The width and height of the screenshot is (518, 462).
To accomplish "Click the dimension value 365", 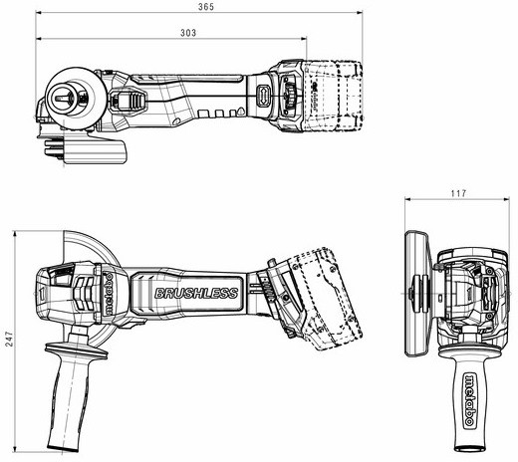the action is tap(206, 7).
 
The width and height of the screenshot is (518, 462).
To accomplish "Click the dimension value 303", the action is tap(188, 33).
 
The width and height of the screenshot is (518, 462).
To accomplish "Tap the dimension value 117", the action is tap(458, 193).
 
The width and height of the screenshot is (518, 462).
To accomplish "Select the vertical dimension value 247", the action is tap(10, 339).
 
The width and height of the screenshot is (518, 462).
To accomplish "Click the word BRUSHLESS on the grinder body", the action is tap(196, 294).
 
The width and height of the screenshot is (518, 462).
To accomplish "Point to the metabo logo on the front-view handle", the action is tap(470, 400).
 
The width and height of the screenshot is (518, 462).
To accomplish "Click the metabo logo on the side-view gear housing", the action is tap(108, 295).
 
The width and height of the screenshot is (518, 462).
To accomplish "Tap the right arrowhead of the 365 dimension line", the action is tap(360, 13).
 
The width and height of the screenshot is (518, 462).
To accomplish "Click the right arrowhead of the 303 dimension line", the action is tap(304, 39).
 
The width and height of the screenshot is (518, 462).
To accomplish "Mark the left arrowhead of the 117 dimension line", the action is tap(408, 199).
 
